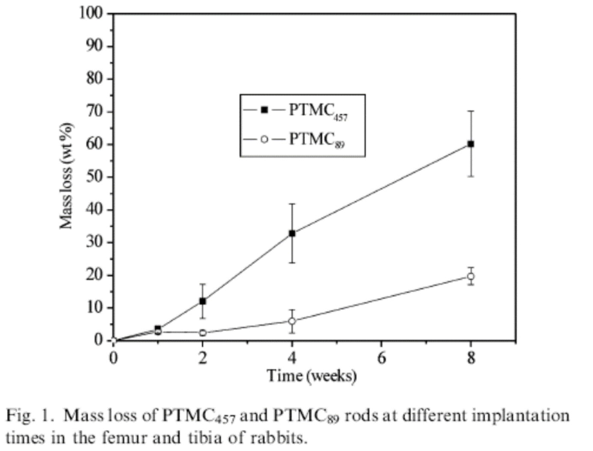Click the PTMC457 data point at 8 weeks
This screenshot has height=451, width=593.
pyautogui.click(x=471, y=144)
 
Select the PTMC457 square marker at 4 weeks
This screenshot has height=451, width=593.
pyautogui.click(x=292, y=234)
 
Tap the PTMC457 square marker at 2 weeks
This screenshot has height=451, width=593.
pyautogui.click(x=202, y=301)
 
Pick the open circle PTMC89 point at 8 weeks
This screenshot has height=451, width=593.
pyautogui.click(x=471, y=276)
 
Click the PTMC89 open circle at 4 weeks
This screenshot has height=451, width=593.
pyautogui.click(x=292, y=321)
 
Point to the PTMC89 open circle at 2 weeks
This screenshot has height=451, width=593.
pyautogui.click(x=202, y=333)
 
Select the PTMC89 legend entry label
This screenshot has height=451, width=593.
pyautogui.click(x=317, y=139)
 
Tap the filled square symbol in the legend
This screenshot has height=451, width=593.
pyautogui.click(x=264, y=110)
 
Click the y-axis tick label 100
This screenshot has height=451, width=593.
pyautogui.click(x=91, y=13)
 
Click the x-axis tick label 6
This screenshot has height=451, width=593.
pyautogui.click(x=381, y=358)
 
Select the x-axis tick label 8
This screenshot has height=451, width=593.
pyautogui.click(x=471, y=358)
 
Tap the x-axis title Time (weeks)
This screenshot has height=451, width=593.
pyautogui.click(x=311, y=376)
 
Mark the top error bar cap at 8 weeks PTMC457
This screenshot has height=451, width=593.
pyautogui.click(x=471, y=111)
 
